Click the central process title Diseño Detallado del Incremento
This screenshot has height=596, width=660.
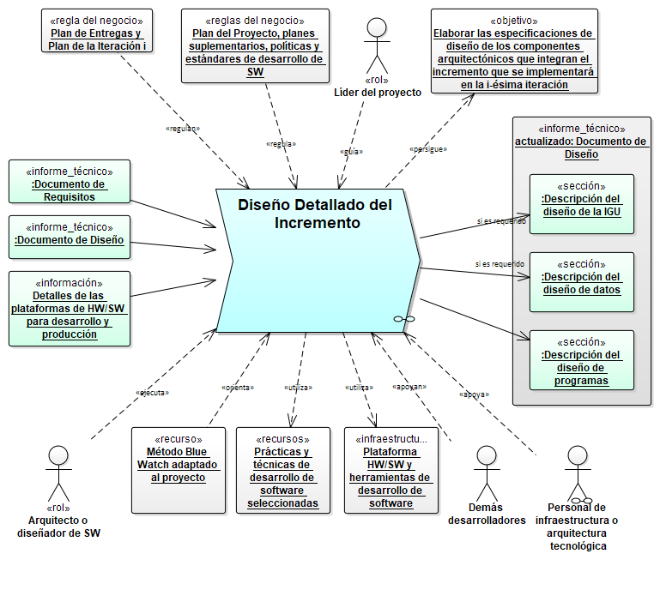tap(314, 214)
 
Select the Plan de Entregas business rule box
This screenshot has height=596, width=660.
tap(97, 33)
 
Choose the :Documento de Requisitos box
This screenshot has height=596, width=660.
tap(70, 184)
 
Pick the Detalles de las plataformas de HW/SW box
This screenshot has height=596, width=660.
tap(70, 309)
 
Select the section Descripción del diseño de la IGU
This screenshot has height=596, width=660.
tap(581, 203)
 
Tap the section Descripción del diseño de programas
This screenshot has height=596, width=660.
tap(581, 359)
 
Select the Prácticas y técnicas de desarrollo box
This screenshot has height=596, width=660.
tap(282, 470)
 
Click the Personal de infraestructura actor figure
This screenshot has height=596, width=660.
tap(577, 472)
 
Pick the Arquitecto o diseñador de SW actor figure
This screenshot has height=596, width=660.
tap(58, 472)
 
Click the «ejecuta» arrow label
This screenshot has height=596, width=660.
tap(153, 393)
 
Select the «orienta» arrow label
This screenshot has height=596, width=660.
tap(238, 388)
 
